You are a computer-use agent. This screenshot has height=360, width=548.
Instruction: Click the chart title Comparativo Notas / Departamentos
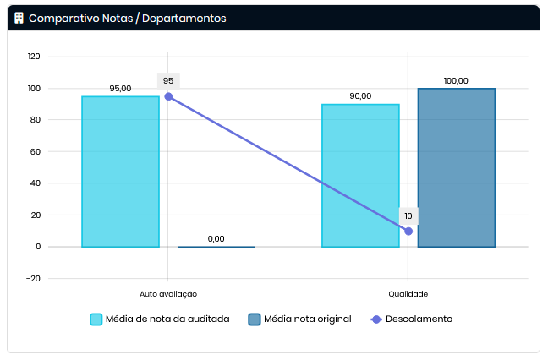(127, 18)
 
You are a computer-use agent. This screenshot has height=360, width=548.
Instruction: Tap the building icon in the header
(19, 18)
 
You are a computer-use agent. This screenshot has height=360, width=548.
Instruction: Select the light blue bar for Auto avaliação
(120, 172)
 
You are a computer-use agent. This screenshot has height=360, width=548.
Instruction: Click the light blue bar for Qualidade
(360, 176)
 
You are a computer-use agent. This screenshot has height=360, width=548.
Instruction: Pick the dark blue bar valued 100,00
(456, 167)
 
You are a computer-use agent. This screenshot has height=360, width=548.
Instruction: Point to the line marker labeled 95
(168, 96)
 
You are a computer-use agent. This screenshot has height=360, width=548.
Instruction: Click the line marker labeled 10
(408, 231)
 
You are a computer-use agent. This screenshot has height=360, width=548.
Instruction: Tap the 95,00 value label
(120, 88)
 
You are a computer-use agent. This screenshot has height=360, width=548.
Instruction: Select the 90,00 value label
(360, 95)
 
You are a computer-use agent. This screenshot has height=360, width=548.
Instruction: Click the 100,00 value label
(456, 80)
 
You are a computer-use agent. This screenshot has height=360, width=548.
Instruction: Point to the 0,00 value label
(216, 238)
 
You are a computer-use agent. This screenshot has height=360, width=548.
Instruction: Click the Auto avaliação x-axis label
(168, 294)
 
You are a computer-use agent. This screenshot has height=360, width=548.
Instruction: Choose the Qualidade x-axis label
(408, 294)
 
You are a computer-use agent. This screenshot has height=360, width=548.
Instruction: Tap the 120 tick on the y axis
(34, 57)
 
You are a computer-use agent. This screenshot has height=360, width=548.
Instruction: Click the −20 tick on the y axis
(34, 278)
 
